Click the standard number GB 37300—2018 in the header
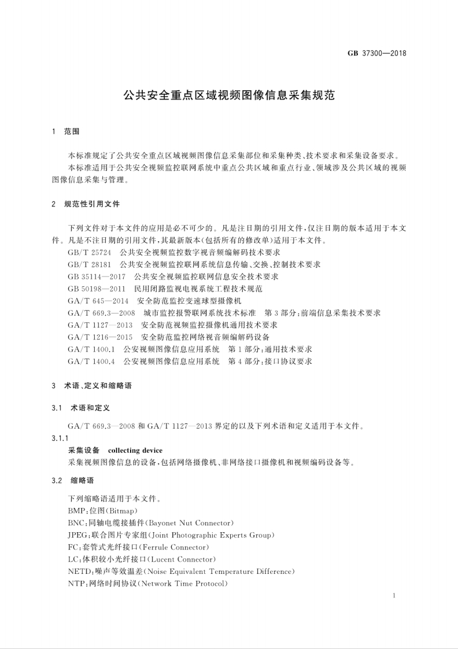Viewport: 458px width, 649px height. tap(377, 53)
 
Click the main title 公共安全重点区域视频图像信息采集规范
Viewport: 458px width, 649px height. tap(230, 95)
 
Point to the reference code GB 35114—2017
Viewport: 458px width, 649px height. tap(96, 276)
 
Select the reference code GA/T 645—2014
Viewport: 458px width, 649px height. tap(98, 301)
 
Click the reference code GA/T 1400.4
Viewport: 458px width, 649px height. tap(92, 362)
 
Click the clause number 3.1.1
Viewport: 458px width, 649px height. tap(60, 438)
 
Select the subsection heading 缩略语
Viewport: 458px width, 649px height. tap(83, 480)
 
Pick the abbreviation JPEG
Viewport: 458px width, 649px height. tap(78, 534)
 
